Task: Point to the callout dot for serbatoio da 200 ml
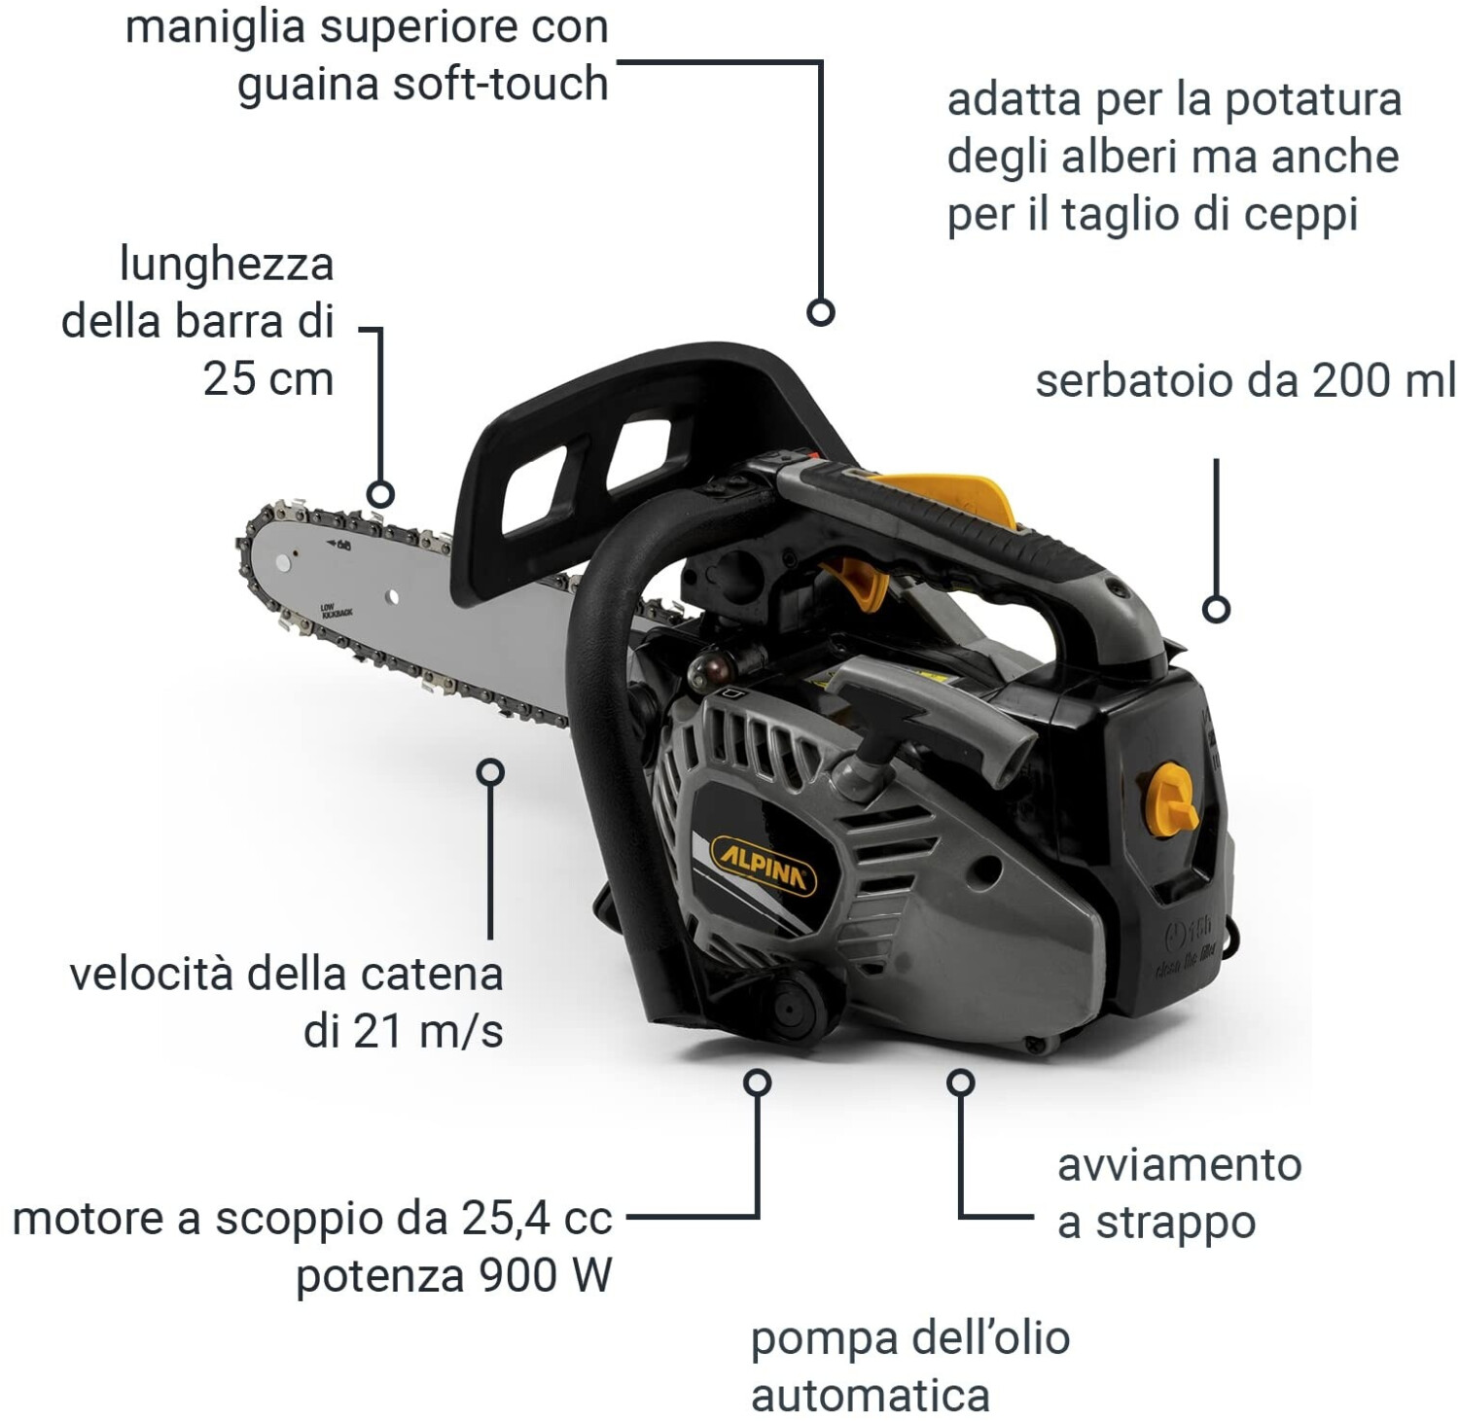point(1216,609)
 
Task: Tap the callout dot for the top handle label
point(821,312)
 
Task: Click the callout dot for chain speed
point(491,772)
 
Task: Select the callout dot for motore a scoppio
point(757,1082)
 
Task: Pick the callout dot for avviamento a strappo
point(961,1082)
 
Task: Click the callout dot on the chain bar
point(381,494)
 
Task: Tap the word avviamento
point(1179,1164)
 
